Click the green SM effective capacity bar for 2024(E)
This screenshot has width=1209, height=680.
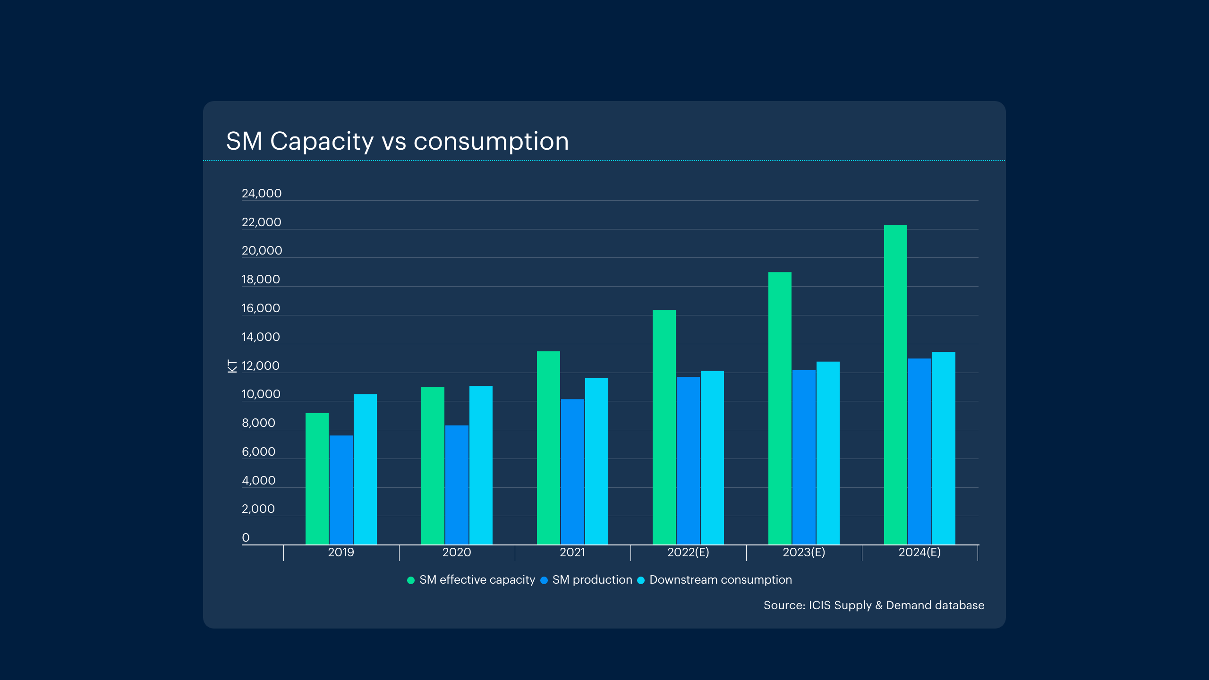click(895, 385)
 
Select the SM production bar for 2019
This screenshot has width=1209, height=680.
click(341, 490)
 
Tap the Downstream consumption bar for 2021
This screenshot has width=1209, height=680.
click(596, 461)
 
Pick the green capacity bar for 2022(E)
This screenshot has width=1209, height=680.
click(664, 427)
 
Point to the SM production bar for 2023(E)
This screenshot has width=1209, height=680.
click(804, 457)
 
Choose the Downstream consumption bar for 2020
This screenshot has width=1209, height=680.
click(481, 465)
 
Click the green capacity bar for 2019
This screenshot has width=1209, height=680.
click(317, 479)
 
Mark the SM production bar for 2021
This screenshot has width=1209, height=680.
click(572, 472)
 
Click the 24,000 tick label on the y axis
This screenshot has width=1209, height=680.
click(262, 194)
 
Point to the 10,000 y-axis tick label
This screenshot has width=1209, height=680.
click(261, 394)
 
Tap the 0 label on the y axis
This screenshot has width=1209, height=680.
click(246, 538)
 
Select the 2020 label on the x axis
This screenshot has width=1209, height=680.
click(457, 552)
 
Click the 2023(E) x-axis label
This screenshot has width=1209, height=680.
click(804, 552)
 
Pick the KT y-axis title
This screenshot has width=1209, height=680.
click(232, 366)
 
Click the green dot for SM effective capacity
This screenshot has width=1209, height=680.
click(411, 580)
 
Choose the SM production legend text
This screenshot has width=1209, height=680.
click(592, 580)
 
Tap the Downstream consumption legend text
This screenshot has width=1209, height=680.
click(721, 580)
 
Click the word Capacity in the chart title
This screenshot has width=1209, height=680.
click(322, 141)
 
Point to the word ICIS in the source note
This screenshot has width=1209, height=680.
click(819, 605)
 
